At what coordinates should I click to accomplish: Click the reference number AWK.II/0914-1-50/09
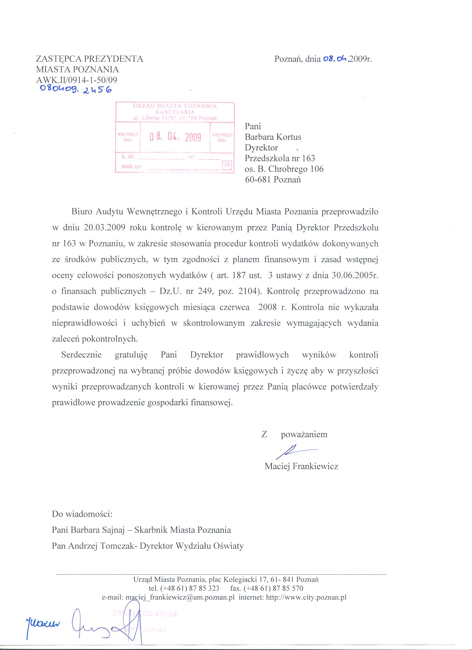coord(76,80)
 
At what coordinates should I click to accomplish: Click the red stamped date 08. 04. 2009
coord(175,138)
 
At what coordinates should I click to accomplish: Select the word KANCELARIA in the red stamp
coord(175,112)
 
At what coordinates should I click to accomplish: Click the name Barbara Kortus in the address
coord(273,137)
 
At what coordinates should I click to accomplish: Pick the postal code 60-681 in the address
coord(258,180)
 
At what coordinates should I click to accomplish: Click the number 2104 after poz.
coord(251,291)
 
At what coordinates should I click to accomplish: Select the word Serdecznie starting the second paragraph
coord(81,355)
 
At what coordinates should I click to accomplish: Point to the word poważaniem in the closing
coord(304,434)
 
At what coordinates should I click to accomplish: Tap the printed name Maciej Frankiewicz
coord(301,466)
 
